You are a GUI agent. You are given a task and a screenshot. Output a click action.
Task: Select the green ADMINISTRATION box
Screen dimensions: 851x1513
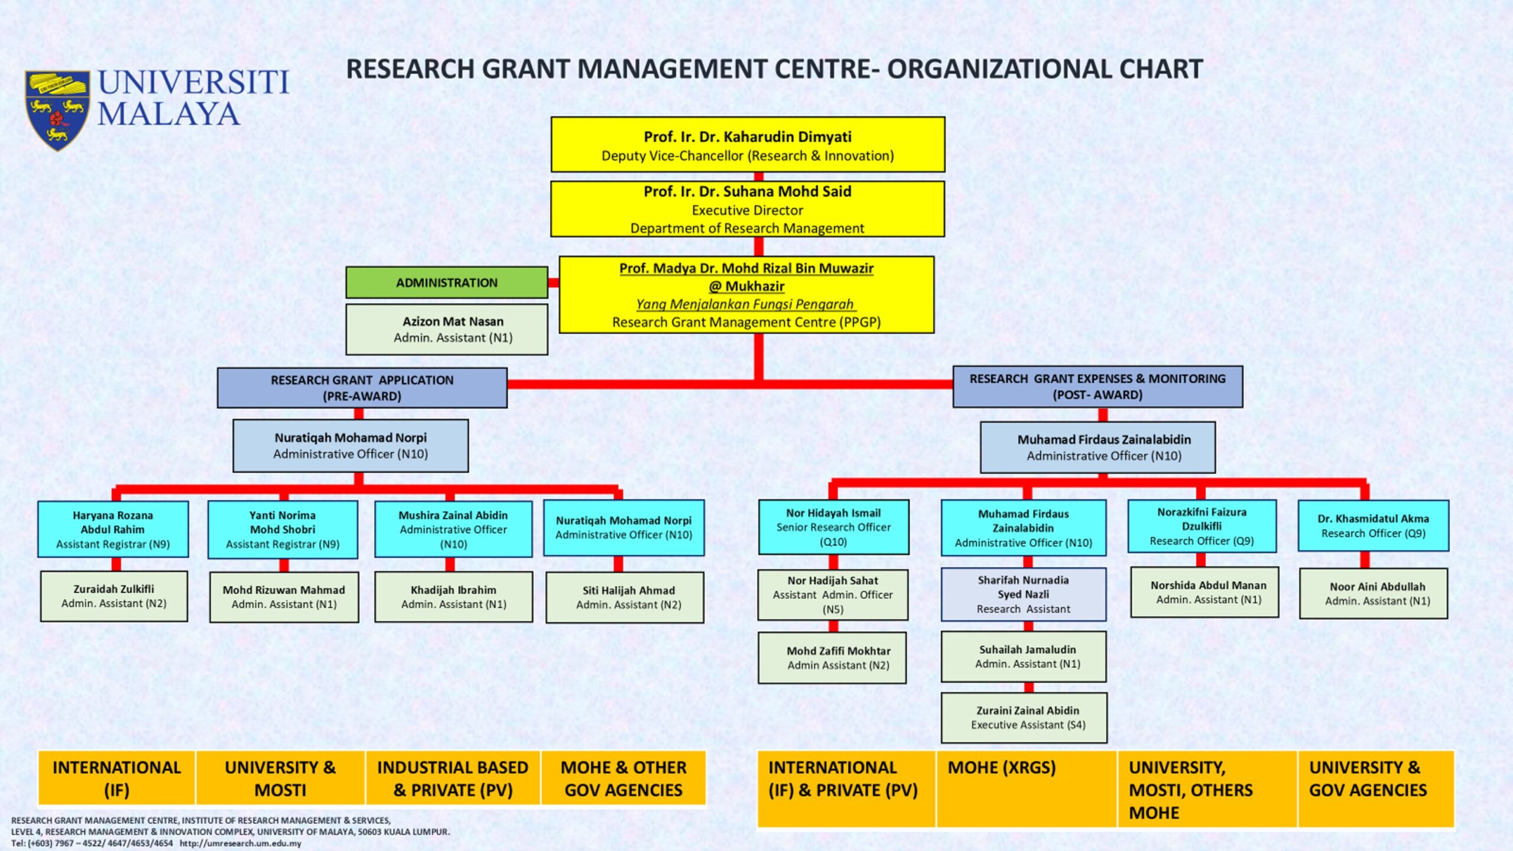click(x=447, y=282)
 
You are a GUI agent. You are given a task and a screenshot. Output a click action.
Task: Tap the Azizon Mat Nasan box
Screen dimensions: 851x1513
click(x=447, y=329)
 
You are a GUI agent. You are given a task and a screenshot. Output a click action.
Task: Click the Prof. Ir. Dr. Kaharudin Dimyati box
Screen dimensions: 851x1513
click(x=748, y=145)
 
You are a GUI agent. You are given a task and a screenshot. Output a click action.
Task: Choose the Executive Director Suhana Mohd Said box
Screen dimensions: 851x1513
click(x=748, y=209)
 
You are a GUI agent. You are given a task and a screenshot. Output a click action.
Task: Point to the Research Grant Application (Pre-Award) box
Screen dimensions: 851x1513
click(x=362, y=388)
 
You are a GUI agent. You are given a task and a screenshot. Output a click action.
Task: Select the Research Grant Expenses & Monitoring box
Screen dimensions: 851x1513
click(x=1098, y=386)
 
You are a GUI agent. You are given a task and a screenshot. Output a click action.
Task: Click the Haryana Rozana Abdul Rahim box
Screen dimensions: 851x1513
click(x=113, y=530)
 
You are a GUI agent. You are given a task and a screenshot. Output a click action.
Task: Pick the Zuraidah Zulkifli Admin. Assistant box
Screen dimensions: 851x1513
click(x=114, y=596)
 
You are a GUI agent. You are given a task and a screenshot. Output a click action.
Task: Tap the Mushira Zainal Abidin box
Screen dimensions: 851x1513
click(x=453, y=530)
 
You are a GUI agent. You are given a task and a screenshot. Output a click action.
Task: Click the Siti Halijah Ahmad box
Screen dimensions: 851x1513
click(x=625, y=597)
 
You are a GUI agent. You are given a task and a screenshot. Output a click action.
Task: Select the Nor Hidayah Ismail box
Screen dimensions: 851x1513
click(x=833, y=527)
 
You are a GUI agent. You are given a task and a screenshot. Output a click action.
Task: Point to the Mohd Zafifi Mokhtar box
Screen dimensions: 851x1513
click(x=832, y=658)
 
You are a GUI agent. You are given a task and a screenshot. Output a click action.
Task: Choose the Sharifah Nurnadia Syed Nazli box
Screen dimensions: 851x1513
click(x=1024, y=595)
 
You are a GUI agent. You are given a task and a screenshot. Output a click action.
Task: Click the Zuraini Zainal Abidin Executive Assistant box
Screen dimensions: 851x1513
click(x=1024, y=717)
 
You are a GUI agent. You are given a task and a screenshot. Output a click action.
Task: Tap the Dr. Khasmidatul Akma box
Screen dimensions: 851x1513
click(x=1374, y=526)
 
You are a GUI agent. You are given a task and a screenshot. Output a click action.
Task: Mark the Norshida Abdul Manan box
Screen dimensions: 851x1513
click(x=1204, y=592)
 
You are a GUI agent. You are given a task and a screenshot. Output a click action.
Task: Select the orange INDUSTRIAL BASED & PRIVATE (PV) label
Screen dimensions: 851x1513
click(x=453, y=778)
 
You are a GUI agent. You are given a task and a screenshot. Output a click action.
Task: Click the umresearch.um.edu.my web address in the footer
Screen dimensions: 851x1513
click(x=241, y=843)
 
